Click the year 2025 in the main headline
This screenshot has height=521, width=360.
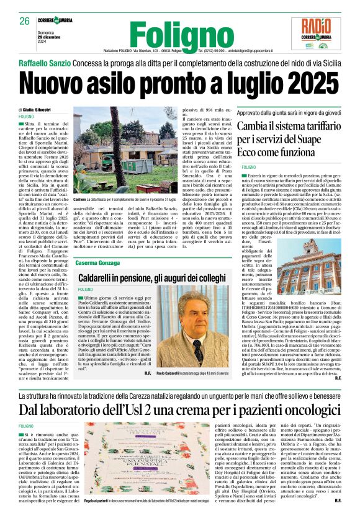(307, 82)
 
